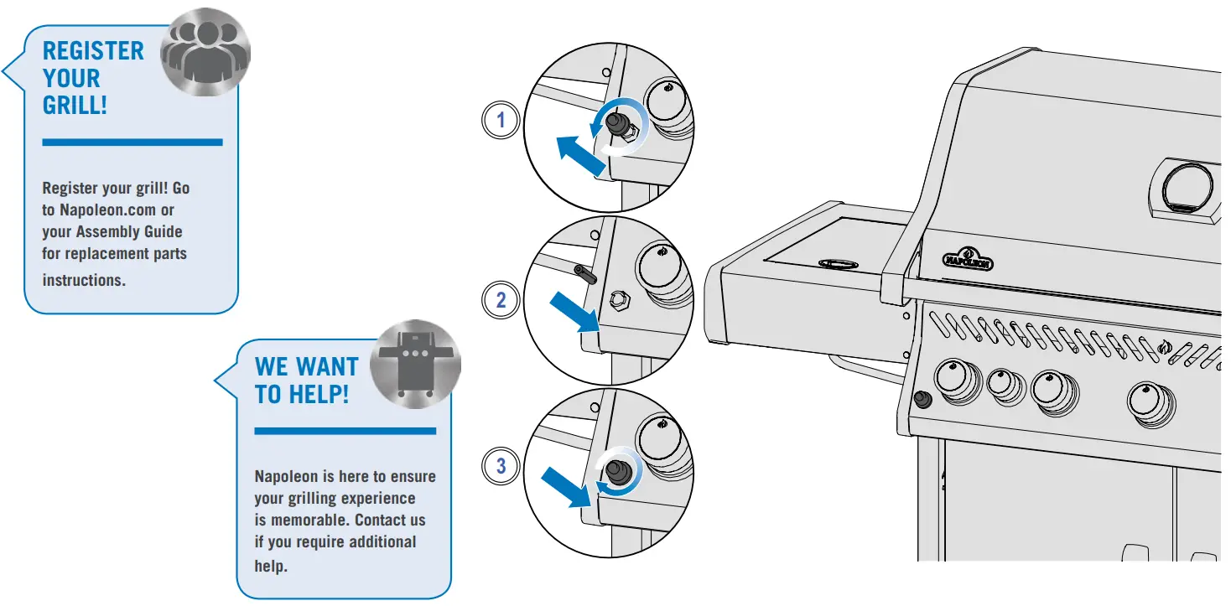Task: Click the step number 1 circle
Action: coord(501,121)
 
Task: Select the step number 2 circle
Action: coord(501,300)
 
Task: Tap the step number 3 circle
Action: coord(501,466)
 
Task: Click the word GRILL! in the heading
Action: coord(75,106)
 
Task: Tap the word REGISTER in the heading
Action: coord(93,50)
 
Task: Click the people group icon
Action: coord(205,55)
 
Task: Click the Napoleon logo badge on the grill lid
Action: coord(969,258)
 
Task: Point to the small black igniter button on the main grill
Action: coord(922,400)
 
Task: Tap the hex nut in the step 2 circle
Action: coord(619,298)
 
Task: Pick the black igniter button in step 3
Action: coord(621,471)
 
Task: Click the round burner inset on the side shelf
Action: coord(838,264)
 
